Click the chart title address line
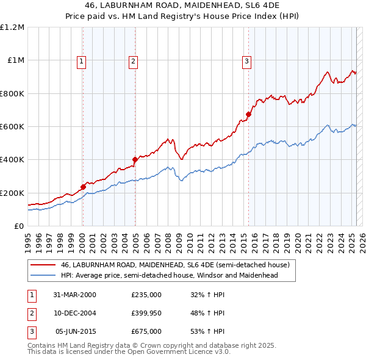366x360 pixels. coord(182,6)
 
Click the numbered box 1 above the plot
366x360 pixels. coord(82,60)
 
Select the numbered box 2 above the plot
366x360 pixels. coord(133,60)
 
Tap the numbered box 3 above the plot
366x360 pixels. coord(246,60)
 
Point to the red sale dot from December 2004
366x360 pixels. coord(135,160)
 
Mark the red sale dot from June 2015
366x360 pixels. coord(248,114)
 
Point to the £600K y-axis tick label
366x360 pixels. coord(12,127)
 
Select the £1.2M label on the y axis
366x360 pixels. coord(12,27)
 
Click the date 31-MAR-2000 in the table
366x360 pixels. coord(75,295)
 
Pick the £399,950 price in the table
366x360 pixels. coord(146,313)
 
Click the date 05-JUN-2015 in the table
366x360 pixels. coord(76,331)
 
